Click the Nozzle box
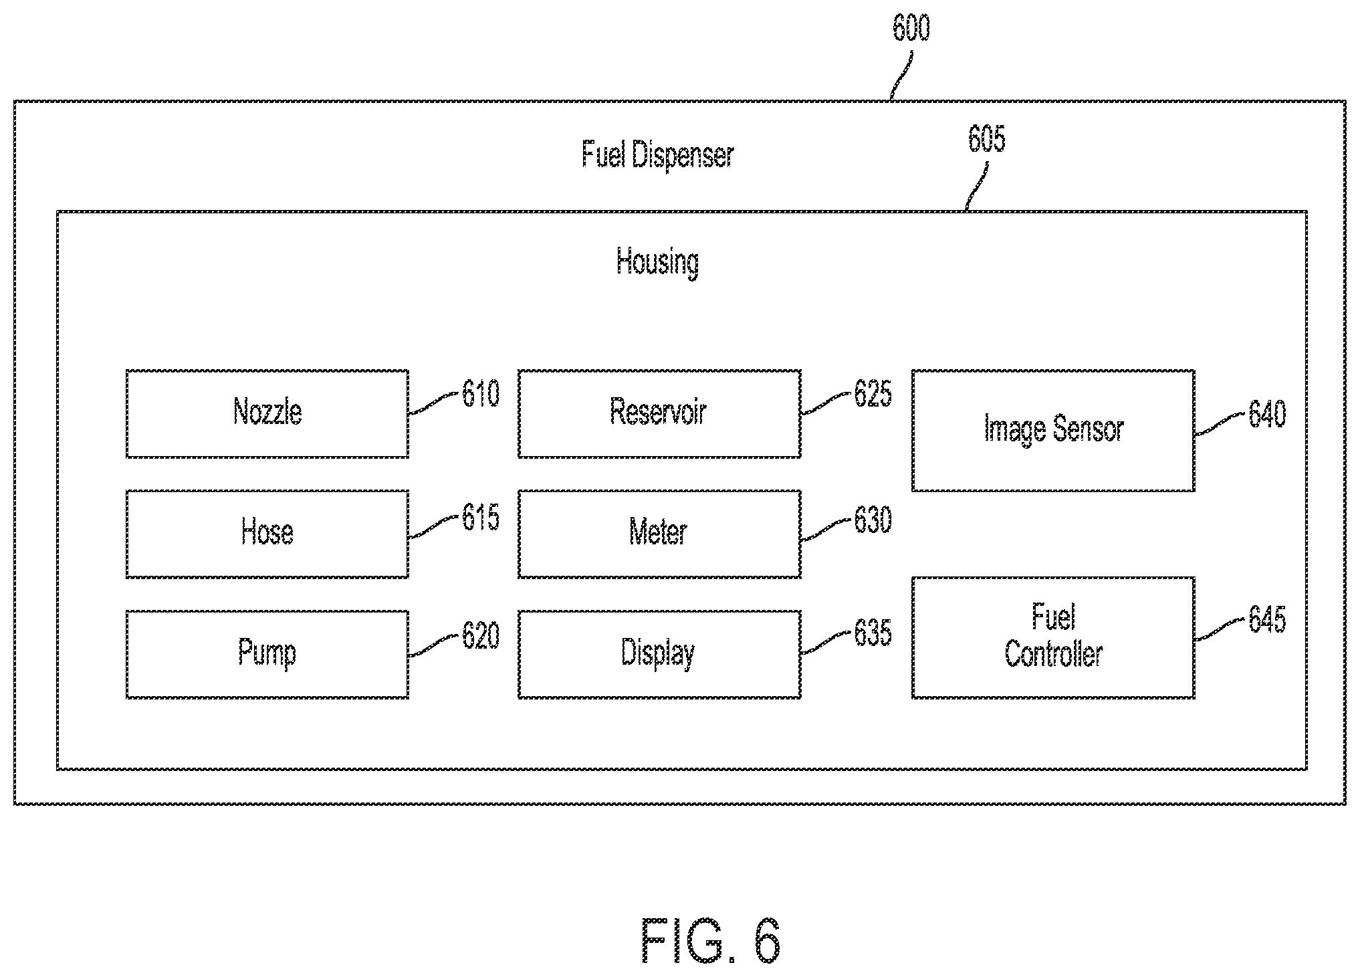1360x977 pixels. coord(267,413)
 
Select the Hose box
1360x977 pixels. coord(267,534)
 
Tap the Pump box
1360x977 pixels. coord(267,654)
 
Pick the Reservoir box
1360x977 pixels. coord(659,413)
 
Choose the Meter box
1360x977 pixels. coord(659,534)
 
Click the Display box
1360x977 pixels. coord(659,654)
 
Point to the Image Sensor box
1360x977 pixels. coord(1053,430)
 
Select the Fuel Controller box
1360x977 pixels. coord(1053,637)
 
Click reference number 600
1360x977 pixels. coord(911,28)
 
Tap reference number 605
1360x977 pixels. coord(987,139)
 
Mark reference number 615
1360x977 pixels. coord(481,518)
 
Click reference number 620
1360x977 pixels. coord(481,636)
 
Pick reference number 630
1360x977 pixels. coord(873,520)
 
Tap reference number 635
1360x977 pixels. coord(873,633)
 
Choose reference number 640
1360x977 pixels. coord(1267,414)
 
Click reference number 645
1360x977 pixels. coord(1267,619)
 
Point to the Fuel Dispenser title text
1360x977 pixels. coord(658,155)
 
